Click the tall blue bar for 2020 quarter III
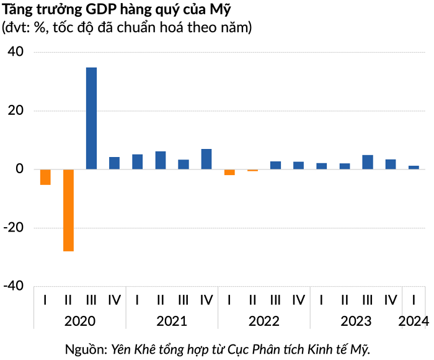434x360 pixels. (x=91, y=119)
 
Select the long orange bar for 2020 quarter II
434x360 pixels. (x=68, y=210)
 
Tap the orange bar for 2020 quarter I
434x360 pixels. (x=45, y=177)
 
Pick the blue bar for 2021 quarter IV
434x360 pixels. (x=206, y=159)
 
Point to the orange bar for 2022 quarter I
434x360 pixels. (x=229, y=172)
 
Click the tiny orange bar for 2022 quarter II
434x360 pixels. (x=252, y=171)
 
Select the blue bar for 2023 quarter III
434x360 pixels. (x=368, y=162)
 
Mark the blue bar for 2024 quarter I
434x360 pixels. (x=414, y=168)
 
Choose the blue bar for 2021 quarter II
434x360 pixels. (x=161, y=160)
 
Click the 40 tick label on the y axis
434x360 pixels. (x=15, y=52)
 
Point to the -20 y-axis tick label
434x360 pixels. (x=13, y=228)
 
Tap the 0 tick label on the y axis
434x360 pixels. (x=20, y=169)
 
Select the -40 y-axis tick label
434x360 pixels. (x=13, y=286)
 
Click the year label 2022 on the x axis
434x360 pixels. (x=263, y=322)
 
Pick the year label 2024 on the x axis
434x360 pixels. (x=414, y=322)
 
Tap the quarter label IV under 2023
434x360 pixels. (x=391, y=300)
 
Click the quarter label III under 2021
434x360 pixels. (x=184, y=300)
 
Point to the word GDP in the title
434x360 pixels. (x=101, y=10)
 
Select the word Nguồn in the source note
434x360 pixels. (x=86, y=349)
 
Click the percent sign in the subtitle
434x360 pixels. (x=40, y=28)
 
